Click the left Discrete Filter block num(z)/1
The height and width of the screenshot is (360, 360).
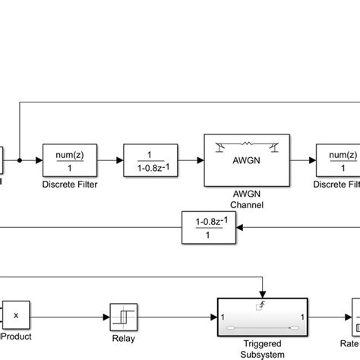[x=68, y=161]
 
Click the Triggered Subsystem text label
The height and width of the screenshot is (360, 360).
[x=262, y=346]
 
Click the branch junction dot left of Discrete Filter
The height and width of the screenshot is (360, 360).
[x=20, y=161]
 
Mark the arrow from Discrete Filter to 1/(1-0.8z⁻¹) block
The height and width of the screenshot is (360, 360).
[x=107, y=161]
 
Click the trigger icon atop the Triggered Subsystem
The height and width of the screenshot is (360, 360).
[x=263, y=305]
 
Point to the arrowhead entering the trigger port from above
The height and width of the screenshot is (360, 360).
[x=263, y=295]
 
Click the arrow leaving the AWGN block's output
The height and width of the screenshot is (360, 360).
[x=301, y=161]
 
